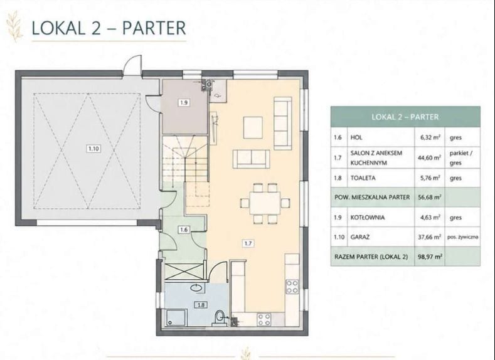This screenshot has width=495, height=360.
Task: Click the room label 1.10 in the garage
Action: coord(93,148)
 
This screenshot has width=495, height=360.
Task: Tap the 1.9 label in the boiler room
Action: coord(184,102)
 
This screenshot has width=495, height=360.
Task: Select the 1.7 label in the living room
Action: coord(248,243)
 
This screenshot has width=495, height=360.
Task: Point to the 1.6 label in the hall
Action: coord(184,230)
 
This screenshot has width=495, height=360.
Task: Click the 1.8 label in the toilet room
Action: coord(201,305)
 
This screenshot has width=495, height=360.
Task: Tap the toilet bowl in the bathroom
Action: coord(219,317)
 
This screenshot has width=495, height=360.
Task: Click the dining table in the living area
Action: coord(265,203)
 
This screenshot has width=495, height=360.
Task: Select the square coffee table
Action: coord(253,127)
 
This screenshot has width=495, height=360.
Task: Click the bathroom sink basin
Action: coord(197,287)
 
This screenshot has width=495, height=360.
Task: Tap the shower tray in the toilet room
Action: coord(176,317)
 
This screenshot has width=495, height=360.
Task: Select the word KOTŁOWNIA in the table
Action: coord(368,218)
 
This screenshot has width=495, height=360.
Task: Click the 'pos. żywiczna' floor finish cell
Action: coord(462,236)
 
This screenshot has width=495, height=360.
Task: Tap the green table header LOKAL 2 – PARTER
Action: coord(405,117)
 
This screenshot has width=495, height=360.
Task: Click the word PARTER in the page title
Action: coord(154,28)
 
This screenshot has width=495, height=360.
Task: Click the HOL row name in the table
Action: coord(356,137)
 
